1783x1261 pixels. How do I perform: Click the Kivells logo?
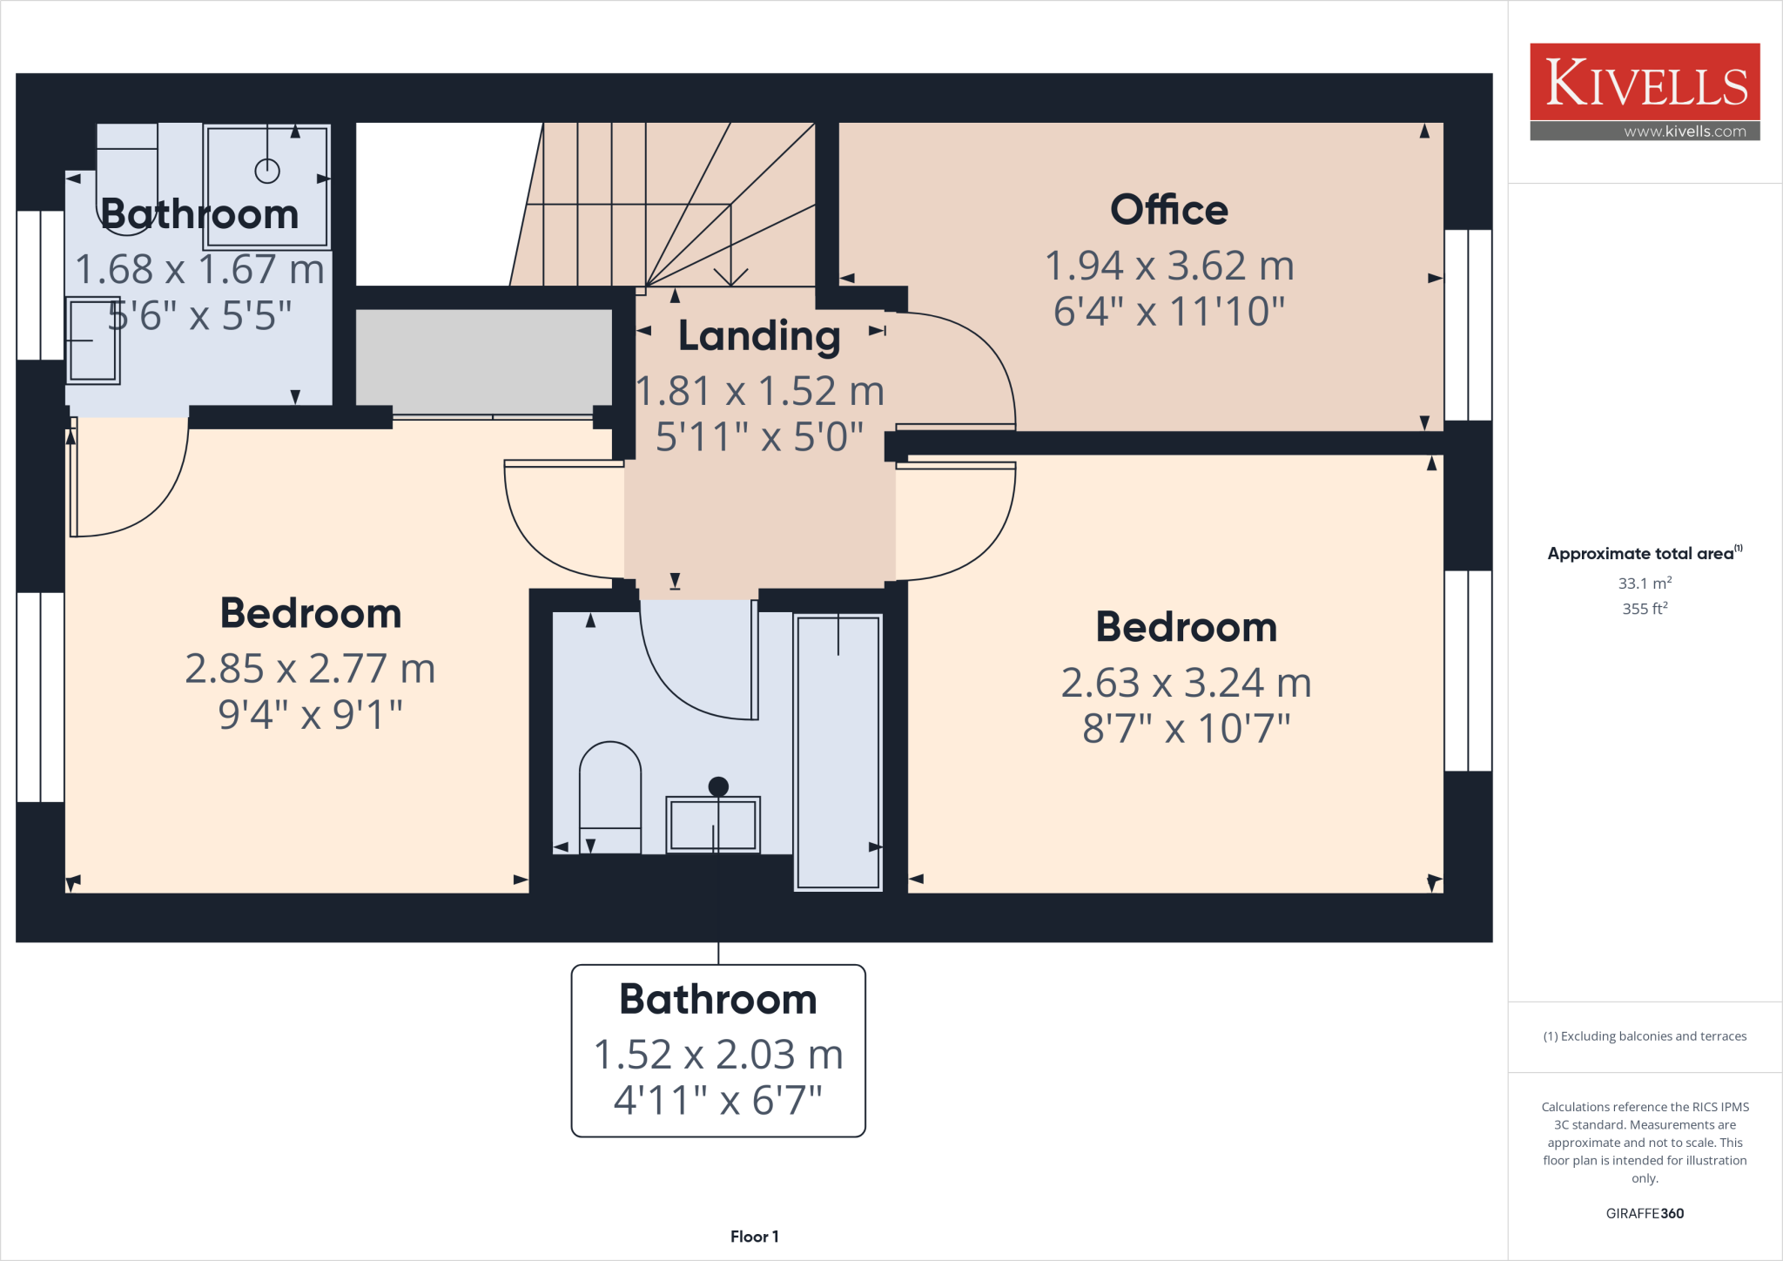1645,83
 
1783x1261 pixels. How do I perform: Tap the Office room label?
1168,210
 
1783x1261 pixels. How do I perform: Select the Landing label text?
759,336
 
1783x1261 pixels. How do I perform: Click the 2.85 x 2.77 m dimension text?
310,669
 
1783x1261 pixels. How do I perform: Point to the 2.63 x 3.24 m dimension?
1186,683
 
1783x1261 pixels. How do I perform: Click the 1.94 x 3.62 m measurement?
1168,266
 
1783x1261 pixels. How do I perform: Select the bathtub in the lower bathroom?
838,751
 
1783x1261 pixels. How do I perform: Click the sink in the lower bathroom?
713,824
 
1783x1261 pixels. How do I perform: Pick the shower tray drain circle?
267,172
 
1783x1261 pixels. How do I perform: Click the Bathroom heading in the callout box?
718,999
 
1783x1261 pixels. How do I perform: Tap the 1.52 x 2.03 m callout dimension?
718,1055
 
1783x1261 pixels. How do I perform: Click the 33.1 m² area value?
1645,583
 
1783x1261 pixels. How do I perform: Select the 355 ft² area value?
1645,609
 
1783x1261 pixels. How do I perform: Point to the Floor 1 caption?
754,1237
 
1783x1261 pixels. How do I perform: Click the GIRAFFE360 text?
1645,1213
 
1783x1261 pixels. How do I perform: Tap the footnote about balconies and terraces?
1645,1036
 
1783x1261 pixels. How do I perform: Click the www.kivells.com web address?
1685,131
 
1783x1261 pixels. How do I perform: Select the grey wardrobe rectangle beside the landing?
484,361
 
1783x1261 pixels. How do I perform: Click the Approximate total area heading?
1641,554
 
